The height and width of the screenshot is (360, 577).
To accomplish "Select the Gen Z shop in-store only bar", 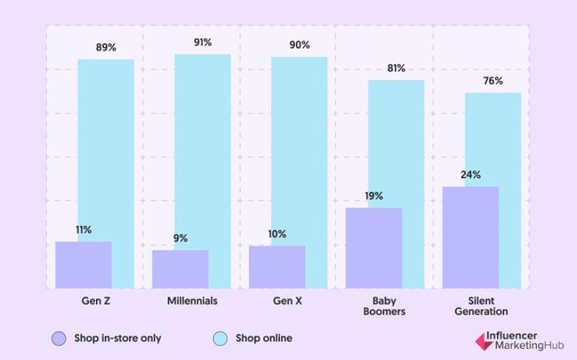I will [x=83, y=265].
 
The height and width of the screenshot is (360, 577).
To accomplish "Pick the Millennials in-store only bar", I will [x=180, y=269].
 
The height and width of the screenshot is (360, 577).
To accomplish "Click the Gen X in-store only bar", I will [x=277, y=267].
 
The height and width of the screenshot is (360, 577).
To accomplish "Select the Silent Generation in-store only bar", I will [x=470, y=237].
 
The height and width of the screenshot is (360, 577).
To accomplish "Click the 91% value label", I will [x=203, y=43].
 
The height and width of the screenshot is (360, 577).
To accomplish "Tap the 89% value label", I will [x=106, y=48].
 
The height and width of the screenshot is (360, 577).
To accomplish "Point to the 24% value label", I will [x=470, y=175].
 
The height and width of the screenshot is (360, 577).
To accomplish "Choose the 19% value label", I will [x=374, y=196].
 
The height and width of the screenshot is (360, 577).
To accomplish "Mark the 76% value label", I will [x=493, y=81].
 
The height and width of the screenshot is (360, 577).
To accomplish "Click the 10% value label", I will [x=277, y=234].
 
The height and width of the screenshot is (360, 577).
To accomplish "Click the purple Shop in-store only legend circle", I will [x=59, y=338].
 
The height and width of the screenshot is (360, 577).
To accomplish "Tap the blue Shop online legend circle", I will [x=221, y=338].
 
